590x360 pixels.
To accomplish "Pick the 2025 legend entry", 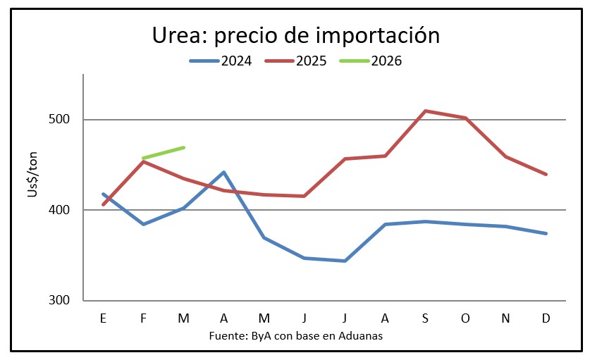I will (296, 61).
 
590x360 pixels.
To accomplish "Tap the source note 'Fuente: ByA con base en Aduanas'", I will (295, 336).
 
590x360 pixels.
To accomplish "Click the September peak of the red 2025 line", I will (426, 111).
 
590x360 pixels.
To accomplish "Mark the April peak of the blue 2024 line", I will (223, 172).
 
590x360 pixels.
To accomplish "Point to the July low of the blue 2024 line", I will (345, 261).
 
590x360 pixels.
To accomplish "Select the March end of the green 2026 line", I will (183, 147).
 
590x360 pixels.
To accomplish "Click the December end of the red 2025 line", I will (546, 174).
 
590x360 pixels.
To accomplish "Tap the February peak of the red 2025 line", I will (144, 161).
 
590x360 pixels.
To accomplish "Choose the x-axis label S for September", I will (426, 318).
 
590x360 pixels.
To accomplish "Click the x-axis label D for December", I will (546, 318).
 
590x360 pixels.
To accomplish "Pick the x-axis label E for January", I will (104, 318).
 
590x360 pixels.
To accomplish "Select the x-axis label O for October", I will (466, 318).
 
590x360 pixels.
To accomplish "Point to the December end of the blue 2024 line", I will (546, 233).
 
